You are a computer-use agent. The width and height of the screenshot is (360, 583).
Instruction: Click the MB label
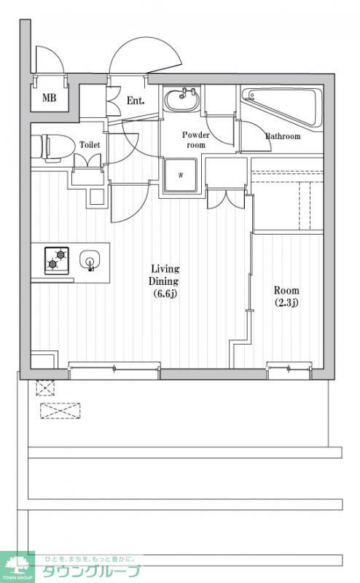tap(49, 98)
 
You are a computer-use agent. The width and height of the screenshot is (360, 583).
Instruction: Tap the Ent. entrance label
tap(136, 101)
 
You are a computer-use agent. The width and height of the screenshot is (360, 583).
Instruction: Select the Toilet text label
tap(90, 144)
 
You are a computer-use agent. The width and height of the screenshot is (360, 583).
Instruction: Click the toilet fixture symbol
tap(52, 148)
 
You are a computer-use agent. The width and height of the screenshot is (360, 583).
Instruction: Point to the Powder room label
tap(195, 139)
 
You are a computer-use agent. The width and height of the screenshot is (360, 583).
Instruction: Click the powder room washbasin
tap(182, 100)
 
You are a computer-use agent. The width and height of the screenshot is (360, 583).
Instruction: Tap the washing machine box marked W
tap(181, 175)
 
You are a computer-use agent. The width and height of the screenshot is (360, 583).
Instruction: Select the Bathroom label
tap(283, 136)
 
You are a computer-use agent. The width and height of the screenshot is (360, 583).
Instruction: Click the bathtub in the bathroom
tap(282, 107)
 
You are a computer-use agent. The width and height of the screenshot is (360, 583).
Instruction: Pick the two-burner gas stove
tap(57, 261)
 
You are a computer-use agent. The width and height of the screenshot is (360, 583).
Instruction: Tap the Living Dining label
tap(165, 275)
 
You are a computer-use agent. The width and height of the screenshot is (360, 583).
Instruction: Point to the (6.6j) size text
tap(165, 294)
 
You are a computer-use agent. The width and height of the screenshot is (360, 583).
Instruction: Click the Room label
tap(286, 290)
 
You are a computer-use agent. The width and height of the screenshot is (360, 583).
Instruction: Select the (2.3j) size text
tap(286, 302)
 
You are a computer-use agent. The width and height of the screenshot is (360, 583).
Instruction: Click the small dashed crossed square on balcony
tap(45, 388)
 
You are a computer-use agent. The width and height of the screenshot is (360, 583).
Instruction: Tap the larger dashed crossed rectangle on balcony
tap(60, 411)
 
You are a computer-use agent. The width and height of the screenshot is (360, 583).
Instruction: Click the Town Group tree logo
tap(17, 567)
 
